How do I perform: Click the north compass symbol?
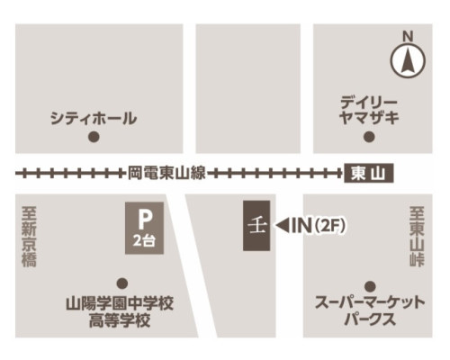click(407, 62)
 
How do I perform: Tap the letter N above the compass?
click(407, 36)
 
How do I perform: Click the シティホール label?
click(93, 118)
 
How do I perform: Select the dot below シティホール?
click(93, 138)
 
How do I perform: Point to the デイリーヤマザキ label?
click(369, 108)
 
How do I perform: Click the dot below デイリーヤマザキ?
click(368, 137)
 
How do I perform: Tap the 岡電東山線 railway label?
click(167, 172)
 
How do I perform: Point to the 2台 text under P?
click(143, 240)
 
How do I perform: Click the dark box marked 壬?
click(255, 226)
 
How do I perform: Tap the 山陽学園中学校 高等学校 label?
click(120, 311)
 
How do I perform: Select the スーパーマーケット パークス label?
click(369, 311)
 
